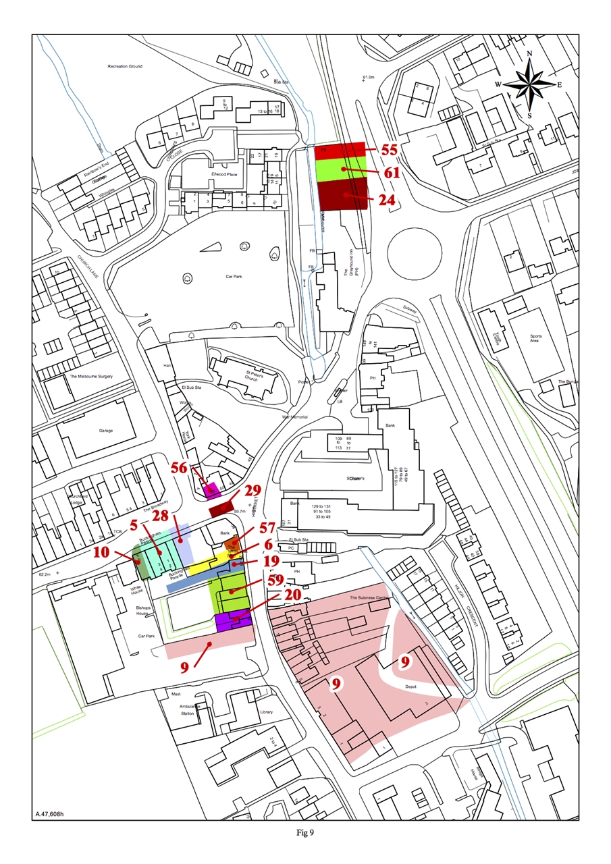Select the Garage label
[86, 431]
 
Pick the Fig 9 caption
[306, 832]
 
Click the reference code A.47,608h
[49, 815]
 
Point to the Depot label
[410, 687]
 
